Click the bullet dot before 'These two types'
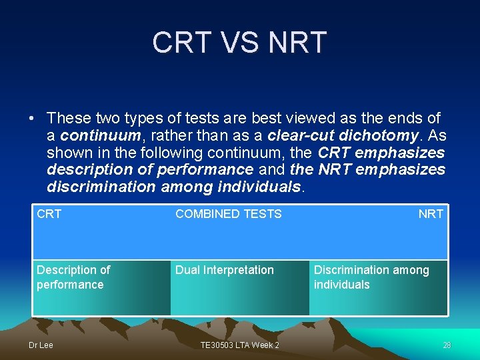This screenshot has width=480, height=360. click(x=32, y=119)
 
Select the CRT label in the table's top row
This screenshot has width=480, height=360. click(x=49, y=214)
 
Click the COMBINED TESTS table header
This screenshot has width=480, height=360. click(x=228, y=214)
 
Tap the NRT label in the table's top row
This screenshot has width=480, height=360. click(x=431, y=214)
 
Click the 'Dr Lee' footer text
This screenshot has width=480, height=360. click(x=40, y=345)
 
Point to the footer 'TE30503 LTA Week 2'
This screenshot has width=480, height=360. click(x=240, y=345)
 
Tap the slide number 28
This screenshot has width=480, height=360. click(x=447, y=345)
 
